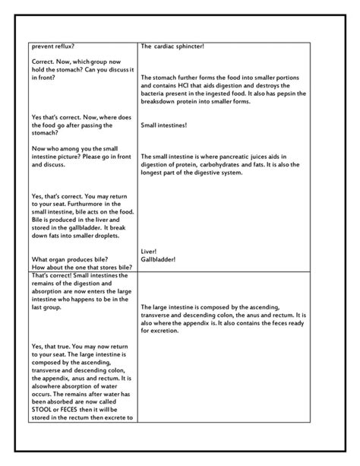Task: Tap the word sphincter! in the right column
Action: click(188, 46)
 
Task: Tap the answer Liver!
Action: click(150, 250)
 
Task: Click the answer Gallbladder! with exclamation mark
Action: click(159, 258)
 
